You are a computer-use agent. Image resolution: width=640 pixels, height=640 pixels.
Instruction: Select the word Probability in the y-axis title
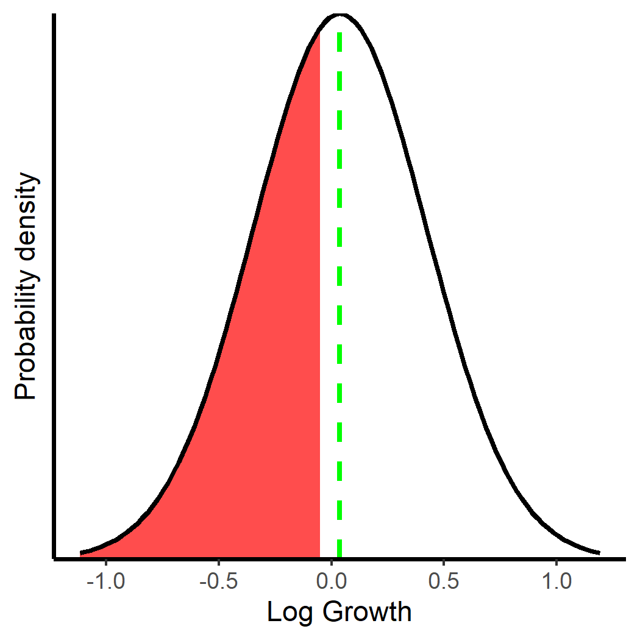pyautogui.click(x=26, y=332)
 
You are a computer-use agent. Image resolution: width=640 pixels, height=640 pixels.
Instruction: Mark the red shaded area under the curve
pyautogui.click(x=256, y=396)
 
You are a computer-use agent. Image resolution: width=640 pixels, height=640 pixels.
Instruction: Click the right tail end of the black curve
pyautogui.click(x=599, y=552)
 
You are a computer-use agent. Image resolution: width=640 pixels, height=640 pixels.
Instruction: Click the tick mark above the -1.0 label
pyautogui.click(x=105, y=561)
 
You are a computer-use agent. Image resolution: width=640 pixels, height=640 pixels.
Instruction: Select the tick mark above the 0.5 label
pyautogui.click(x=443, y=561)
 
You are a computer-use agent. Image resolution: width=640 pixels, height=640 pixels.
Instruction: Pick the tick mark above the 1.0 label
pyautogui.click(x=556, y=561)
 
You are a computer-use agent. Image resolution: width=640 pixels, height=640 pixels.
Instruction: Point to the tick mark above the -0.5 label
pyautogui.click(x=218, y=561)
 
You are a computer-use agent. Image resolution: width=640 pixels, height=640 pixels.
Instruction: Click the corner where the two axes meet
pyautogui.click(x=55, y=557)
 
